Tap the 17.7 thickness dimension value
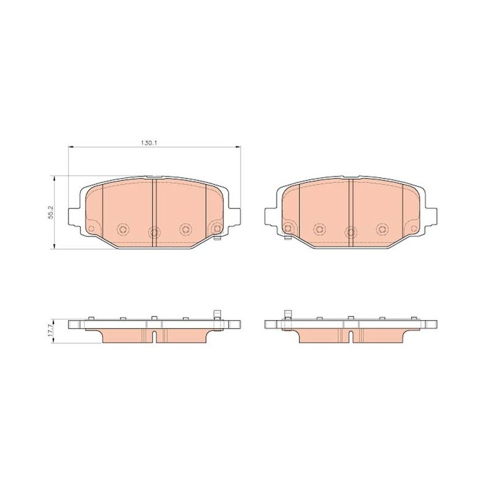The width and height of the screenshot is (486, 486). pos(52,331)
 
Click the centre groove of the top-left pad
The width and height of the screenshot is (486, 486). pos(154,213)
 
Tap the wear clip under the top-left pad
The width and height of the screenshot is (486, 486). pos(217,238)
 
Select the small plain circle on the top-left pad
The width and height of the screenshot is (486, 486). pos(91,228)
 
